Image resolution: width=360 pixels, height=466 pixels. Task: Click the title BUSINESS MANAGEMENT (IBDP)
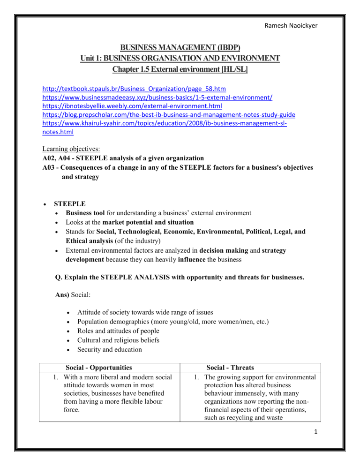pos(180,47)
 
